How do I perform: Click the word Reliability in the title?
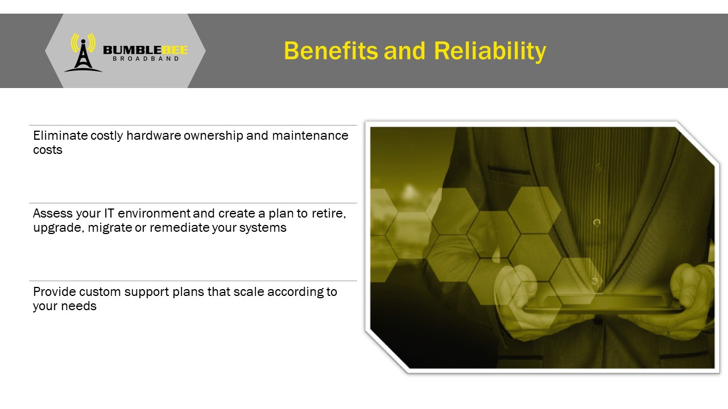click(x=490, y=51)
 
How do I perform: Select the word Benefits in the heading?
click(x=331, y=51)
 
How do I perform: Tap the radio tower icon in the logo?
click(x=83, y=53)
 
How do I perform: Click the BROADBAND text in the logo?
click(x=146, y=59)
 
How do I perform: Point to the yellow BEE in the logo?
click(x=175, y=50)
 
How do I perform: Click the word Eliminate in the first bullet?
click(x=60, y=135)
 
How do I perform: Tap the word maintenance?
click(x=310, y=135)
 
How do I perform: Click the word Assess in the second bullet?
click(x=53, y=213)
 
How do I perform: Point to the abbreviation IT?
click(x=109, y=213)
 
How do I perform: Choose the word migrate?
click(x=110, y=228)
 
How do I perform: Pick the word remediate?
click(x=180, y=228)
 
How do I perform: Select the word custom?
click(x=100, y=292)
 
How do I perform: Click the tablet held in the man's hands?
click(x=605, y=304)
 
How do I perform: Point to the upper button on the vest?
click(x=597, y=223)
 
